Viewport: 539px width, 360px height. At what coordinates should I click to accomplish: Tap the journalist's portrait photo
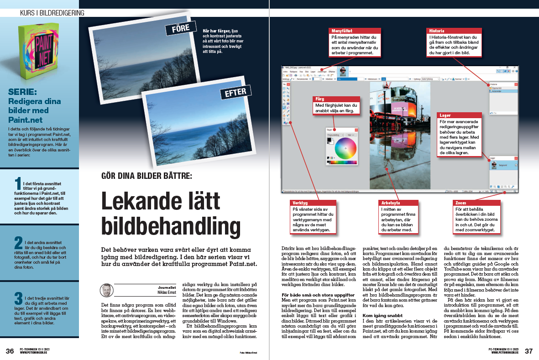pyautogui.click(x=107, y=291)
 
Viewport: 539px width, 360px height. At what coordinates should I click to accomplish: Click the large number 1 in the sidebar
pyautogui.click(x=18, y=184)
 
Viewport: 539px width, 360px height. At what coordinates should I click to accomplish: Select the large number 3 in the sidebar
pyautogui.click(x=18, y=299)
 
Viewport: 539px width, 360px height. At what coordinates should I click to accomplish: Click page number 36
pyautogui.click(x=10, y=351)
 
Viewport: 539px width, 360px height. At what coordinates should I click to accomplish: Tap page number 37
pyautogui.click(x=529, y=351)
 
